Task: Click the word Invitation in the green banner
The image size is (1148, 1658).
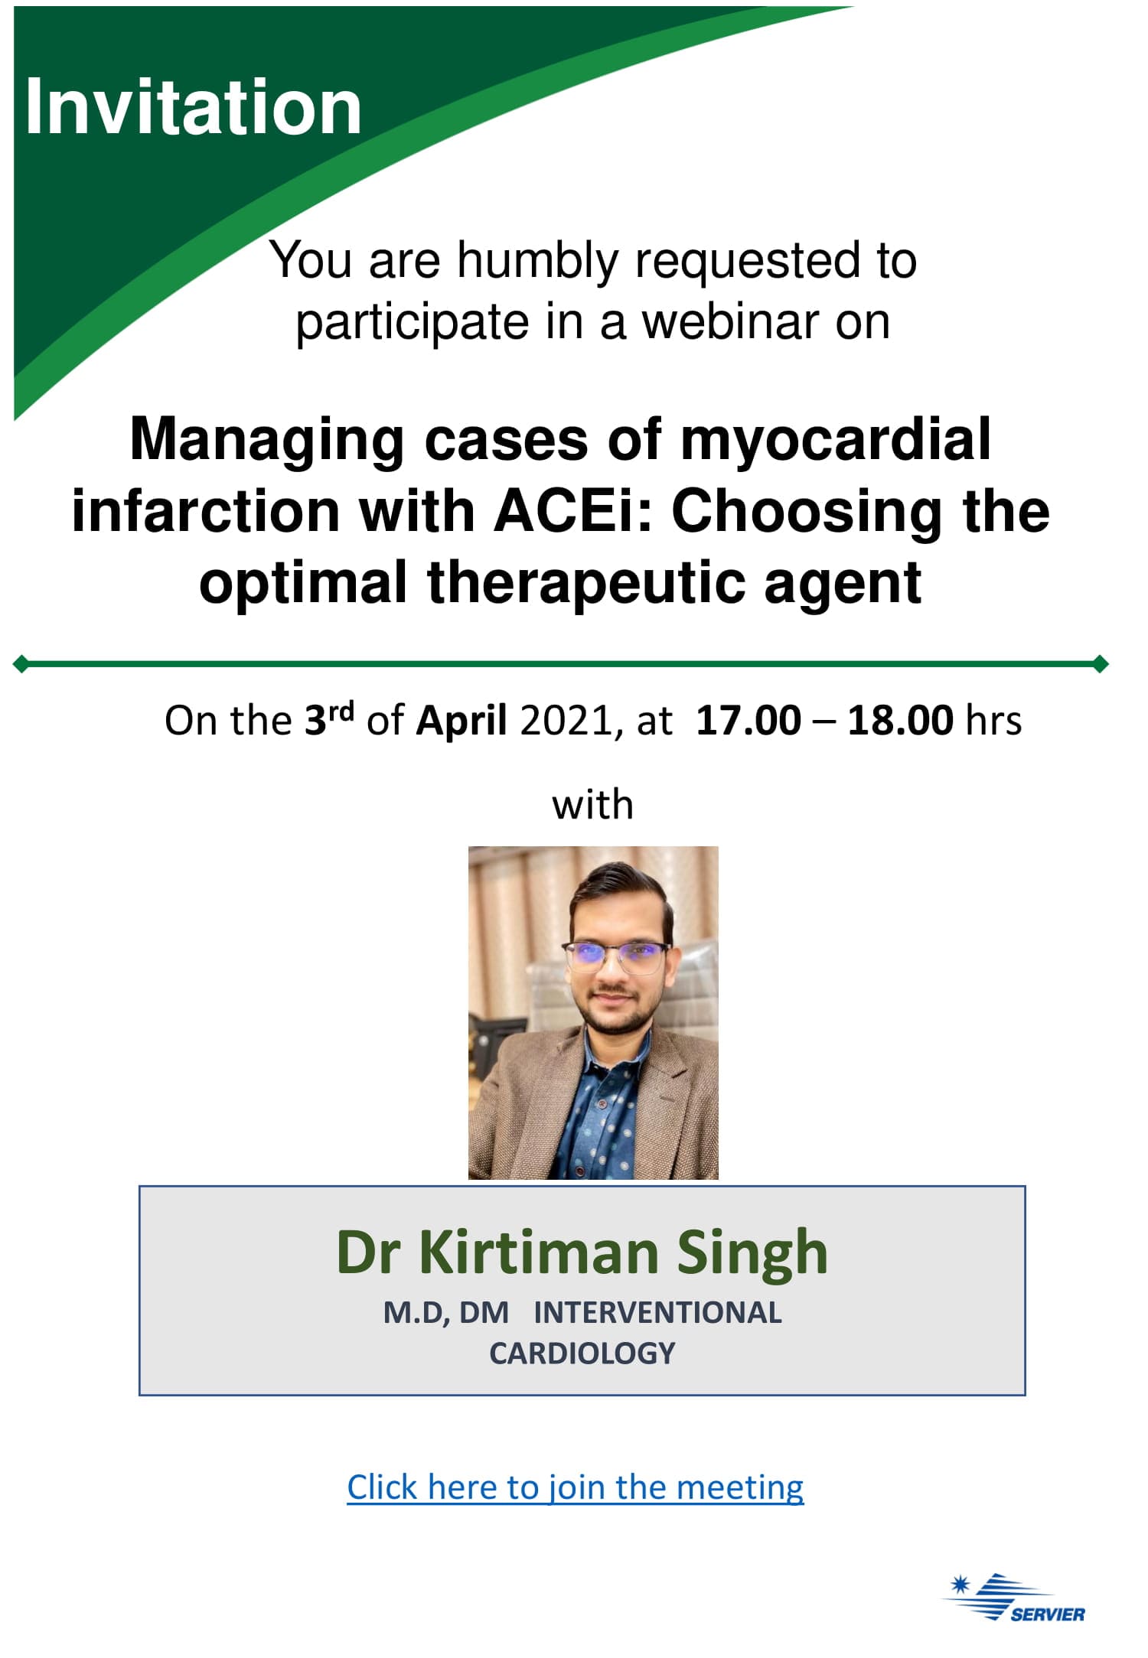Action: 193,107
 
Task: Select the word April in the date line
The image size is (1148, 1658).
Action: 461,721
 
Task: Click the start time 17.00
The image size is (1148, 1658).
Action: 748,721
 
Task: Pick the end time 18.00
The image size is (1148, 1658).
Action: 900,721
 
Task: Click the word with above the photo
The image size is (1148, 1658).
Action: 593,805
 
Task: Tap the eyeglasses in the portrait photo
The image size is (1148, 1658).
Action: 616,955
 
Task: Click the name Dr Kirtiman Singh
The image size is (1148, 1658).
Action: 582,1253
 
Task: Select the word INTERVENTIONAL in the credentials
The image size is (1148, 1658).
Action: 657,1313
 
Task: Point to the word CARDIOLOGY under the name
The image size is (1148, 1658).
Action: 582,1353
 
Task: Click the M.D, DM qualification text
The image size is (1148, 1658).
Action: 445,1313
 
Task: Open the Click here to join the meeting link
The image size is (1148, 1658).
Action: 575,1487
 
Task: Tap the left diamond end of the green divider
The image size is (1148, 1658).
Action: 21,664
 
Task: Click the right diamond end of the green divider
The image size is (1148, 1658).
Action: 1101,664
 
